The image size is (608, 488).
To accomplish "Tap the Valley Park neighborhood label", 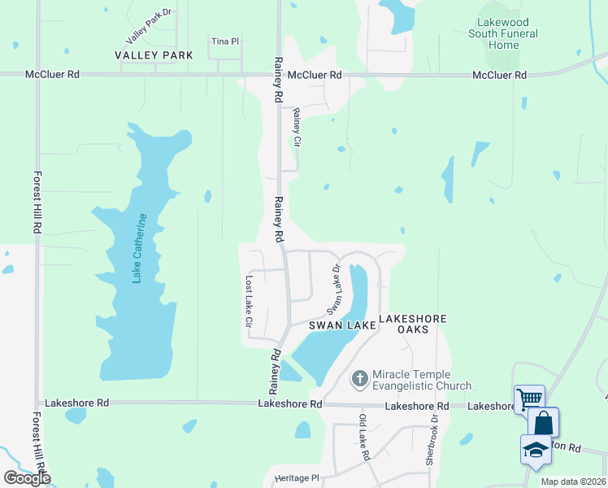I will [x=154, y=55].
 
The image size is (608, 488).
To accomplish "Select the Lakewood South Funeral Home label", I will [x=504, y=34].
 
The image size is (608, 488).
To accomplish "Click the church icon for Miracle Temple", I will [x=360, y=379].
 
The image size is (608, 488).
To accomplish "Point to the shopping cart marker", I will [x=529, y=399].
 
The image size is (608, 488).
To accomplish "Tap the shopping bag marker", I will [x=543, y=423].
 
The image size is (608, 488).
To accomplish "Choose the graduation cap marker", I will [x=536, y=450].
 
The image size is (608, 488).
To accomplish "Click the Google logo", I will [x=27, y=477].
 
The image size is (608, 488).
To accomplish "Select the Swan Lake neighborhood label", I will [x=341, y=325].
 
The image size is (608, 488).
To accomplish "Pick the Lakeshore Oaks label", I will [x=413, y=324].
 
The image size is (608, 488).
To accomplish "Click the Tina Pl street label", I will [x=224, y=41].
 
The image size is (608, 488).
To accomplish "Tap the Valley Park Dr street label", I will [x=150, y=27].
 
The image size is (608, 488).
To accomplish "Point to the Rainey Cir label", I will [x=297, y=128].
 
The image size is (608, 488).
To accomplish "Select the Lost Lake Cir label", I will [x=249, y=300].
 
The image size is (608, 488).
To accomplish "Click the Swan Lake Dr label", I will [x=333, y=290].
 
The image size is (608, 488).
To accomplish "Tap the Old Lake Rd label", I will [x=364, y=438].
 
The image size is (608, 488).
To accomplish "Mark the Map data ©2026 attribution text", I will [x=573, y=481].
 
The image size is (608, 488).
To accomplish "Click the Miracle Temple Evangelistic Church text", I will [x=421, y=380].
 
